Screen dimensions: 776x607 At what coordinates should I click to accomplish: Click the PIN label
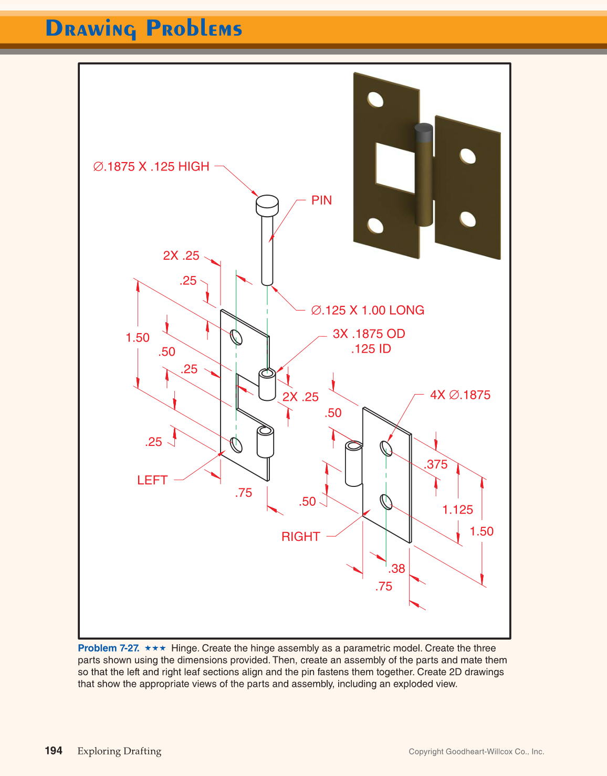(x=321, y=200)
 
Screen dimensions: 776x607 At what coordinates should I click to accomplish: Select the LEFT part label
(x=152, y=480)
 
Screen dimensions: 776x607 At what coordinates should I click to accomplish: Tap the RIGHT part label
(x=300, y=537)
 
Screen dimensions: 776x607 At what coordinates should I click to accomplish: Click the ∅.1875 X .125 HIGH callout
(x=151, y=167)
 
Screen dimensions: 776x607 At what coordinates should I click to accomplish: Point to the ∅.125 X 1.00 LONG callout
(x=368, y=310)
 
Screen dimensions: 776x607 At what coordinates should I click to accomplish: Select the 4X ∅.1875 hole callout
(x=460, y=395)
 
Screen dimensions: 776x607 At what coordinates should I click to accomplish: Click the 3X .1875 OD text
(x=369, y=334)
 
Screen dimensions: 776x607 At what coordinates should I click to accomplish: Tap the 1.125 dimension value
(x=457, y=509)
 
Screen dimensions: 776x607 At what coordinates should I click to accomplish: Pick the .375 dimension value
(x=436, y=464)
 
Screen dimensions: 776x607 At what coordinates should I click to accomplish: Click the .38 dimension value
(x=397, y=569)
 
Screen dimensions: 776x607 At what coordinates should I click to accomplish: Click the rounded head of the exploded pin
(x=267, y=205)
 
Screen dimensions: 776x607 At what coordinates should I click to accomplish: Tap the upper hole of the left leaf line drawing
(x=236, y=337)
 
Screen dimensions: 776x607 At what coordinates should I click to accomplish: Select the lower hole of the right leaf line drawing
(x=386, y=502)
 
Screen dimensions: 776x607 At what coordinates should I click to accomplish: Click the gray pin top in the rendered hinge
(x=423, y=133)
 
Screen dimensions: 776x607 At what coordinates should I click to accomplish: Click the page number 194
(x=54, y=751)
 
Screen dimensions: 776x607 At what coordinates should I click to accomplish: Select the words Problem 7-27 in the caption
(x=109, y=649)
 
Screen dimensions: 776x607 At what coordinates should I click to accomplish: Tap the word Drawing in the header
(x=91, y=29)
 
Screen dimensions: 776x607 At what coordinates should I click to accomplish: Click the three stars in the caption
(x=155, y=649)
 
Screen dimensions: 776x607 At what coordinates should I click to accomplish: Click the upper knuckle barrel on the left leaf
(x=267, y=385)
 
